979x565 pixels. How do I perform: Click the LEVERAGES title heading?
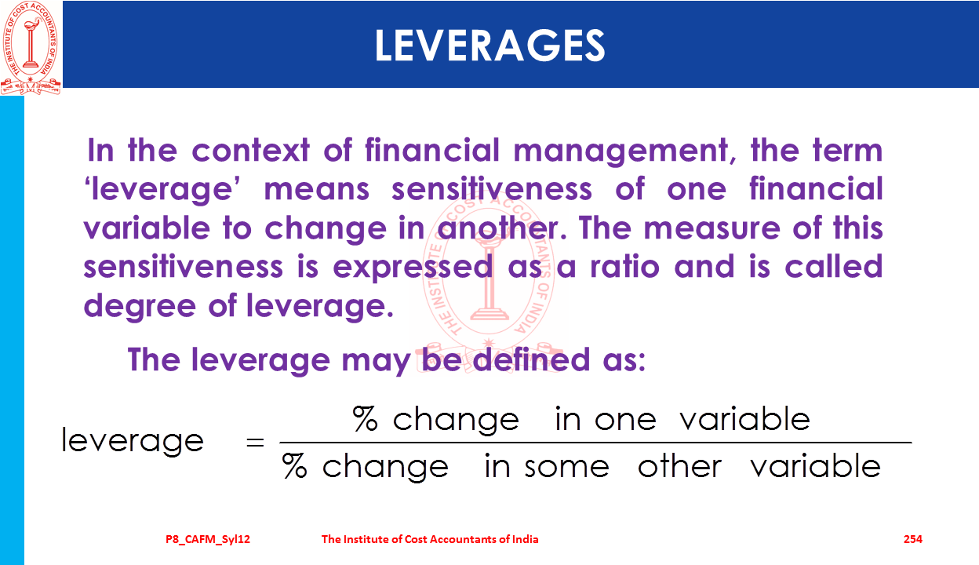click(x=490, y=45)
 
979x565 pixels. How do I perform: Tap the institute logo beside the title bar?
click(x=31, y=48)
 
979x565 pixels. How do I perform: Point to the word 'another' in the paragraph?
click(x=502, y=228)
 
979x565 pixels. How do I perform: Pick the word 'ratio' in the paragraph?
click(x=624, y=266)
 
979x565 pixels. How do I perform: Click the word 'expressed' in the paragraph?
click(x=413, y=268)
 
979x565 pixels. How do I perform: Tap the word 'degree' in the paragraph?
click(x=140, y=307)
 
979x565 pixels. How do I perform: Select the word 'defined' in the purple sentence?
click(x=531, y=360)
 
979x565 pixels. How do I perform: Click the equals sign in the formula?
click(x=255, y=443)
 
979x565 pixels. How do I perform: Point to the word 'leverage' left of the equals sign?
click(x=133, y=441)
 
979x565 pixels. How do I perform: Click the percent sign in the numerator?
click(x=365, y=418)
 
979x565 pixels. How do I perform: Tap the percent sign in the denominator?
click(x=295, y=465)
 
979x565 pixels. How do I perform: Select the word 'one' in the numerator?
click(x=625, y=421)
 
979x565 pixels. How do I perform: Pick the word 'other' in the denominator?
click(x=679, y=465)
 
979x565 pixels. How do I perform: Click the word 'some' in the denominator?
click(x=567, y=468)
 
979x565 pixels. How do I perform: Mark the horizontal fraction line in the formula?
click(x=595, y=443)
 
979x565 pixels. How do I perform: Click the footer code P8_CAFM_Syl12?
click(x=208, y=540)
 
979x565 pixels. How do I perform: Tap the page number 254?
click(x=913, y=539)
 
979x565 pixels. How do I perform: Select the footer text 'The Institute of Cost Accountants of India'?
click(x=430, y=539)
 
